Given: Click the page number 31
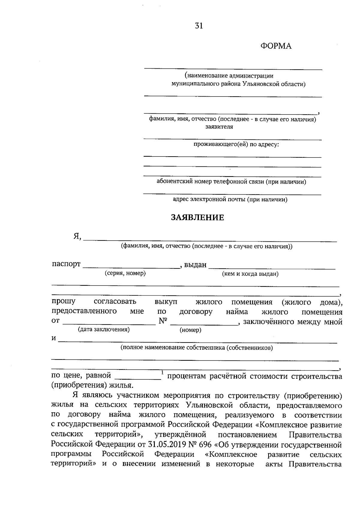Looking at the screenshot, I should tap(199, 26).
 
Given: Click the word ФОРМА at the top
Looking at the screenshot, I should tap(276, 46).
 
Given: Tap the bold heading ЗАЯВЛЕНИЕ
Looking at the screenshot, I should tap(197, 218).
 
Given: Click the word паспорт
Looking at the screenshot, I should tap(66, 264).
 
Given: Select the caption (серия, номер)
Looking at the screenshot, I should tap(125, 273).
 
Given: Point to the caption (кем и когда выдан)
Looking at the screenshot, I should tap(250, 274).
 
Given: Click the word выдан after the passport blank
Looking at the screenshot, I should tap(195, 265).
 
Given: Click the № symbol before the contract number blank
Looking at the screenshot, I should tap(163, 321).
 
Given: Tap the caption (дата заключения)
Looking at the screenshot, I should tap(104, 330).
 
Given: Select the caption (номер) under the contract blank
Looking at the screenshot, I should tap(190, 330).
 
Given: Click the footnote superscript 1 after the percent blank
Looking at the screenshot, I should tap(162, 373).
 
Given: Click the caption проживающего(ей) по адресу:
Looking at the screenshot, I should tap(236, 145).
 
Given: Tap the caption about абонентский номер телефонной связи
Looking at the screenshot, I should tap(231, 182).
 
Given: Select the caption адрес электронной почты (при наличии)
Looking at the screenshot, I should tap(230, 199).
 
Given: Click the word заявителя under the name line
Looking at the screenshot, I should tap(219, 127).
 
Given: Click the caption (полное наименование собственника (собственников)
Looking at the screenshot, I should tap(196, 348).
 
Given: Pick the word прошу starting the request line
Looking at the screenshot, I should tap(64, 301).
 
